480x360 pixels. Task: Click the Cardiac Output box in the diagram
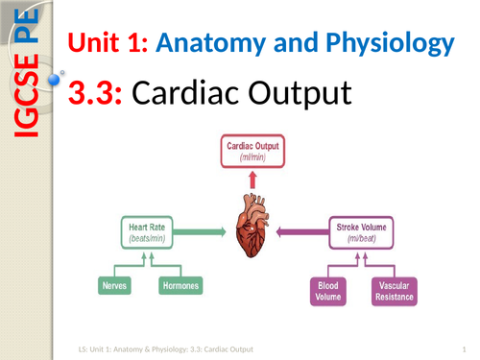[x=252, y=150]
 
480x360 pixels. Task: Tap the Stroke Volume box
[x=362, y=231]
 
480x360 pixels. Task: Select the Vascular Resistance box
[x=395, y=290]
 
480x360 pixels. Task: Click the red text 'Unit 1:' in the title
[x=103, y=43]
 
